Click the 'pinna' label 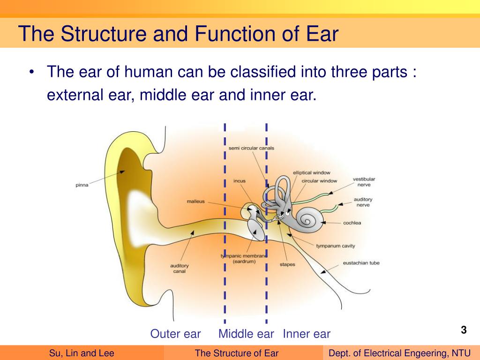pyautogui.click(x=82, y=185)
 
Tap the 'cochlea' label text pyautogui.click(x=352, y=223)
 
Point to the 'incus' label pyautogui.click(x=239, y=181)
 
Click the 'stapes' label pyautogui.click(x=287, y=265)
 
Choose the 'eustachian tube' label pyautogui.click(x=361, y=263)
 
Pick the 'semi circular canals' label pyautogui.click(x=251, y=148)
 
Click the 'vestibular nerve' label pyautogui.click(x=364, y=182)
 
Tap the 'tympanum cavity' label pyautogui.click(x=335, y=246)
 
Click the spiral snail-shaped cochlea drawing pyautogui.click(x=309, y=219)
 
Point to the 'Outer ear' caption pyautogui.click(x=175, y=334)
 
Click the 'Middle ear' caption pyautogui.click(x=246, y=334)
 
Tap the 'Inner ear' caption pyautogui.click(x=307, y=334)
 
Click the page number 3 pyautogui.click(x=464, y=330)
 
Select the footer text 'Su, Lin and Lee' pyautogui.click(x=82, y=353)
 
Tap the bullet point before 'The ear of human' pyautogui.click(x=31, y=73)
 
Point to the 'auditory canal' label pyautogui.click(x=180, y=269)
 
